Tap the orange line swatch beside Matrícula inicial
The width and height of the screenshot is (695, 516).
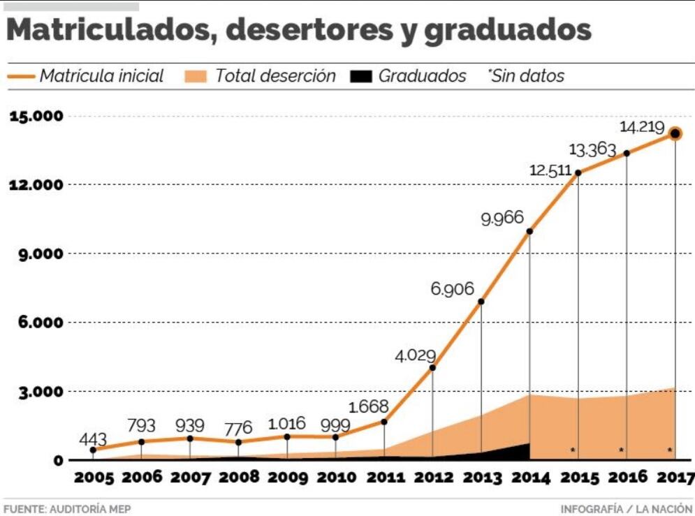(20, 75)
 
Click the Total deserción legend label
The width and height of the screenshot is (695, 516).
(275, 75)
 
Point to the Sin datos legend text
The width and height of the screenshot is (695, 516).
(527, 75)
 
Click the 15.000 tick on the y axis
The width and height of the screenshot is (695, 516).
(36, 116)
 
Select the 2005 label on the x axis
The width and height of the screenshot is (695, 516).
(94, 478)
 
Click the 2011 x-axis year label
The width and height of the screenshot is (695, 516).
(384, 478)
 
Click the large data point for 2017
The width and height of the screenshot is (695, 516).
(675, 133)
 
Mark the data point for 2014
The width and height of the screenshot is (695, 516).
(529, 231)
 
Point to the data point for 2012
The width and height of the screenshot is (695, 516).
(432, 367)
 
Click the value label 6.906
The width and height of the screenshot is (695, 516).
(453, 289)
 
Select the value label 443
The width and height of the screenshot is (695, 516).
(93, 440)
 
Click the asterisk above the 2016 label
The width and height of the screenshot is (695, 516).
(622, 450)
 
